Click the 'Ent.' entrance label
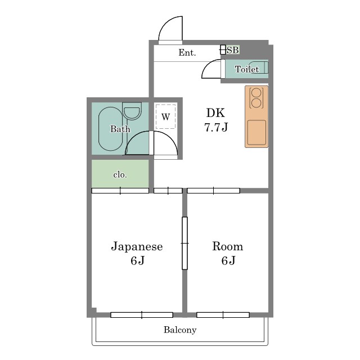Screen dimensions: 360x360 click(x=187, y=53)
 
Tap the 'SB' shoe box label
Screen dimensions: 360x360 click(x=232, y=50)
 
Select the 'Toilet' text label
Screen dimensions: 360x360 click(x=247, y=69)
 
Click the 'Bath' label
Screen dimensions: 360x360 click(x=120, y=129)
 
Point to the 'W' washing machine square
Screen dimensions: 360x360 click(x=165, y=117)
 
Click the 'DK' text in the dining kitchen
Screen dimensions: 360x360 click(x=215, y=112)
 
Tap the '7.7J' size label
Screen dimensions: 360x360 click(x=215, y=127)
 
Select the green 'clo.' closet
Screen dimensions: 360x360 click(x=120, y=174)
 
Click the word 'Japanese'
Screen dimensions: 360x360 click(x=137, y=246)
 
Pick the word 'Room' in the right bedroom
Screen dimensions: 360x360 click(x=227, y=246)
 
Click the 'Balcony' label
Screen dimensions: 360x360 click(x=180, y=330)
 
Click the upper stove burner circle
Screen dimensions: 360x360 click(x=256, y=93)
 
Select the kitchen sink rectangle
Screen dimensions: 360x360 click(x=256, y=133)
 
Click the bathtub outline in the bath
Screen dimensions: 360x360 click(x=110, y=129)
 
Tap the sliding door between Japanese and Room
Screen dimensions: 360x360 click(x=184, y=243)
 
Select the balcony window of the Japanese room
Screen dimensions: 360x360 click(x=142, y=314)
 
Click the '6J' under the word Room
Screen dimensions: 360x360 click(x=227, y=261)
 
